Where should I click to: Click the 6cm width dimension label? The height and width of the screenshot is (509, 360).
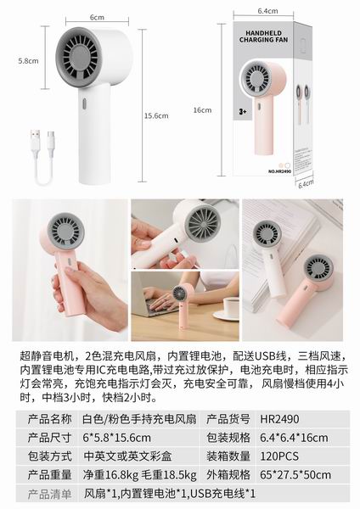97,17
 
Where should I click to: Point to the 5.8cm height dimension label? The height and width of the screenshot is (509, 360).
28,61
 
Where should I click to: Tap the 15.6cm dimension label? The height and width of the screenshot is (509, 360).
156,116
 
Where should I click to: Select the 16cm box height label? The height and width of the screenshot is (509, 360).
202,110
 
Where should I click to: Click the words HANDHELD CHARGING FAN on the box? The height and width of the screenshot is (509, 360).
263,36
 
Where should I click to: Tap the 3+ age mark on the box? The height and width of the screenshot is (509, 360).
243,112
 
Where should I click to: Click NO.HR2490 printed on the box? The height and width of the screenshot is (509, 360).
279,171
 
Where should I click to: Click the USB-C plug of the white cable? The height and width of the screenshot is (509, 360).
51,139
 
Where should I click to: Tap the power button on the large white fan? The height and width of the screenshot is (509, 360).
84,103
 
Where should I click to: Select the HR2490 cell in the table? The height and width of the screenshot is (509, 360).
279,419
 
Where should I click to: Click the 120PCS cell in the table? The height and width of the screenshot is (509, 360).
279,456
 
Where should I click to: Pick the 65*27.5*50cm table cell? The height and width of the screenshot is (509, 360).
295,475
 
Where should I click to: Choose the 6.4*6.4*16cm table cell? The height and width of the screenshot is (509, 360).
294,438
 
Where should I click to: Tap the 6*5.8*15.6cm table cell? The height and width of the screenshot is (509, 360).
116,438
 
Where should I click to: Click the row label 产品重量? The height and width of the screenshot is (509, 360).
49,475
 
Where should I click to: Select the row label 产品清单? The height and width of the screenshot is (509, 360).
49,494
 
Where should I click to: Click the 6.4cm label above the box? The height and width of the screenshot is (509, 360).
267,11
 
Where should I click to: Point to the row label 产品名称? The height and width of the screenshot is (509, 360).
49,419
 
